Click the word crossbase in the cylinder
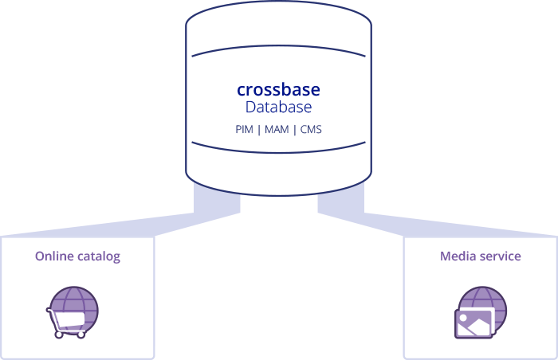coord(278,90)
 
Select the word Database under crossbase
coord(278,107)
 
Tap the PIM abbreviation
coord(244,129)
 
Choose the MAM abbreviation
coord(277,129)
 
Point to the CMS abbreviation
coord(311,129)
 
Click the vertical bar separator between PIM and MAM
coord(259,130)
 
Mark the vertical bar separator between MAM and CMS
coord(295,130)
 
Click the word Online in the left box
coord(54,256)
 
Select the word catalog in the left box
coord(99,256)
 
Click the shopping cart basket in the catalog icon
coord(70,319)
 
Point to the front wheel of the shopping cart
coord(59,335)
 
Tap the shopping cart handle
coord(49,311)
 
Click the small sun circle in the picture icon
coord(463,318)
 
